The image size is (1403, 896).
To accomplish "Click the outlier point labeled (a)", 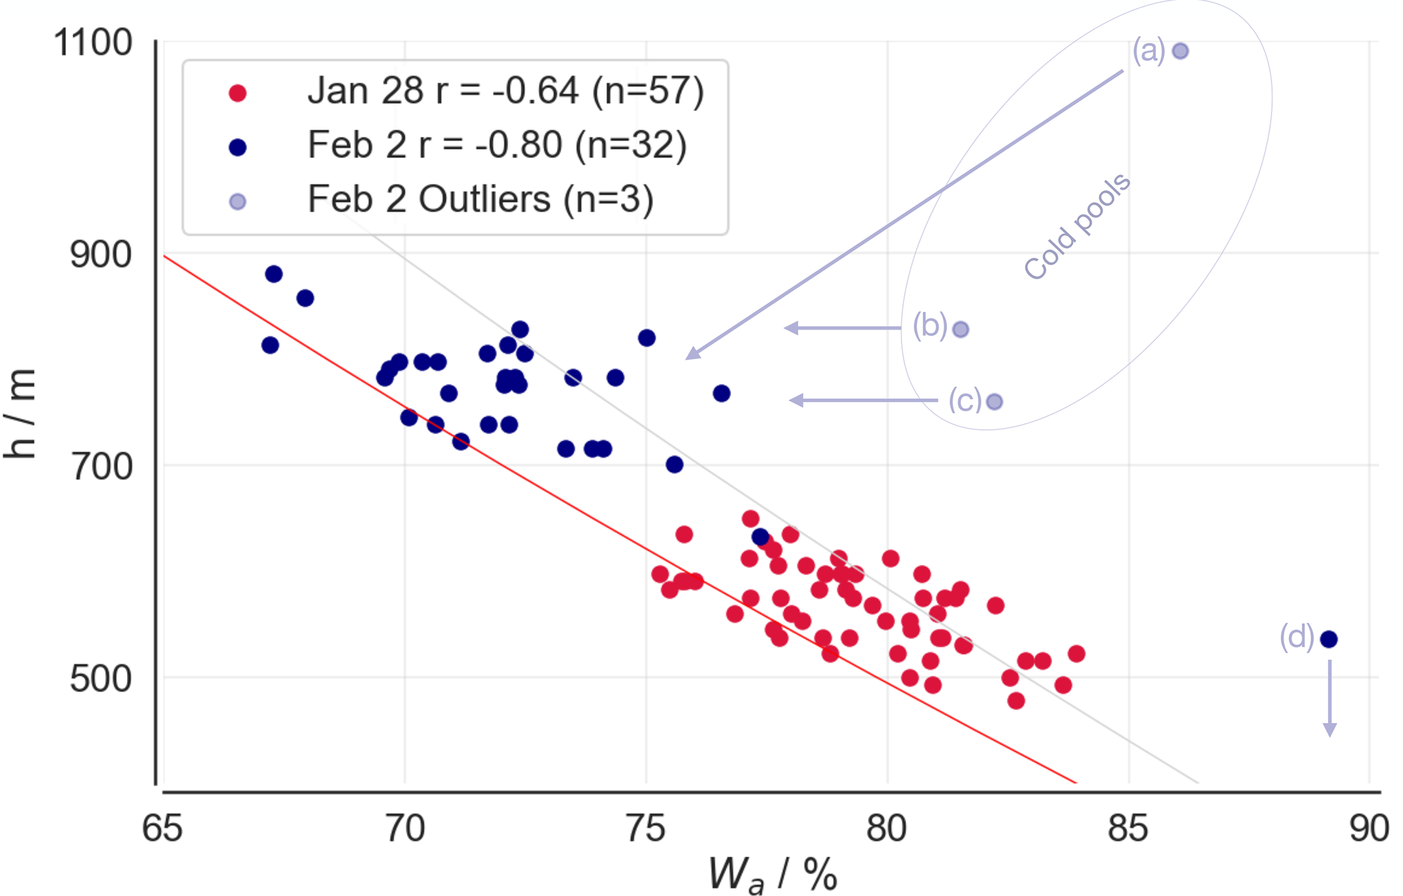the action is click(x=1180, y=51).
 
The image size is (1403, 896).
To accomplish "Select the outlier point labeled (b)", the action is click(x=960, y=330).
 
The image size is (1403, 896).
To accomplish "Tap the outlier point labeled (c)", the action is click(x=994, y=402).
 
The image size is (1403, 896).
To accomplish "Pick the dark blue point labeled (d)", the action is click(x=1329, y=639).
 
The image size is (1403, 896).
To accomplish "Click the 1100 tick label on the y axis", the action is click(x=92, y=43).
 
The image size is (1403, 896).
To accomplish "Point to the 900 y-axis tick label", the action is click(x=100, y=255).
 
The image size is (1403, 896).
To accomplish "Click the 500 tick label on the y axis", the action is click(x=100, y=678).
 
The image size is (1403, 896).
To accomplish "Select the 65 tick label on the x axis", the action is click(x=162, y=829).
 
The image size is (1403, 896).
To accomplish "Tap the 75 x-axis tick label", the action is click(x=646, y=829).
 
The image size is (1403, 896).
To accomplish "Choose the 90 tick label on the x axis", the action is click(x=1369, y=829).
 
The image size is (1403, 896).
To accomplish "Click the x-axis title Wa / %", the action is click(x=772, y=874).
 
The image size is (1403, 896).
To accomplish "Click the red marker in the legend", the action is click(x=238, y=93).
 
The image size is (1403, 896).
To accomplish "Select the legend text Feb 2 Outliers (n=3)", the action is click(x=481, y=199).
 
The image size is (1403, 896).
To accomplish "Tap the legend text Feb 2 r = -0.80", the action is click(x=435, y=145).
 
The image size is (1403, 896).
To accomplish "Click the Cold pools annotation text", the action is click(x=1077, y=226).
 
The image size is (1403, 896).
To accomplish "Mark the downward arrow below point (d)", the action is click(x=1330, y=698).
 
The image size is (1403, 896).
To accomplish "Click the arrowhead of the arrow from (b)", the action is click(x=791, y=328).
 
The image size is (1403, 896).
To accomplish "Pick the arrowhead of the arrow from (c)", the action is click(x=796, y=400).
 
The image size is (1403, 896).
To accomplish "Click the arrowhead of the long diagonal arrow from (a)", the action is click(x=692, y=353).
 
